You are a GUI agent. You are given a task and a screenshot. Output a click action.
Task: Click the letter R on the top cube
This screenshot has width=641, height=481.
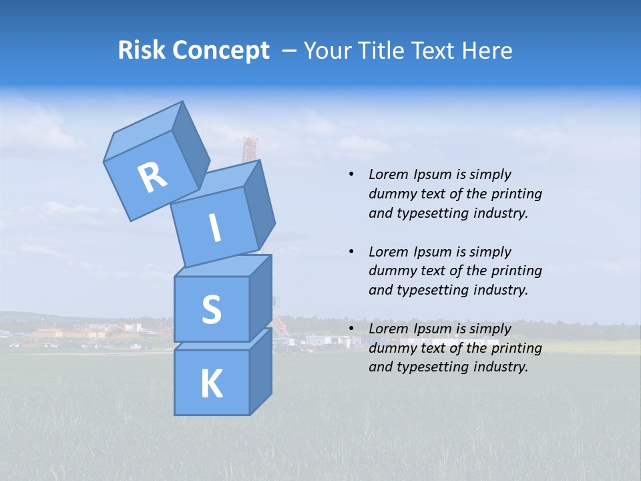152,177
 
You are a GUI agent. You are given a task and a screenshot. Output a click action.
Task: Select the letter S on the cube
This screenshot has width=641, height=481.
211,309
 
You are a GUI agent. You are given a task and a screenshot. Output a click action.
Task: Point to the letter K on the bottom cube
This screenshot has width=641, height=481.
211,384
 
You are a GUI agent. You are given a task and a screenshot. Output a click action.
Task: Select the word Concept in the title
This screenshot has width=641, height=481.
222,51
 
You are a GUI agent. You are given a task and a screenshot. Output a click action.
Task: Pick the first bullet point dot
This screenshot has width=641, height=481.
351,174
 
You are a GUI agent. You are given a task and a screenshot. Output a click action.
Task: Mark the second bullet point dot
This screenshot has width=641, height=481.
351,252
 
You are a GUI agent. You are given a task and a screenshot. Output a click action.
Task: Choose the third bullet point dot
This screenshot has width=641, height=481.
351,329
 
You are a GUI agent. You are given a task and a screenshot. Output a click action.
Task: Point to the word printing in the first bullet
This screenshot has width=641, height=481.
516,194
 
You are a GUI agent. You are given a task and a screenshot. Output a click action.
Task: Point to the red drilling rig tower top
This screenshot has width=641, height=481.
250,142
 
